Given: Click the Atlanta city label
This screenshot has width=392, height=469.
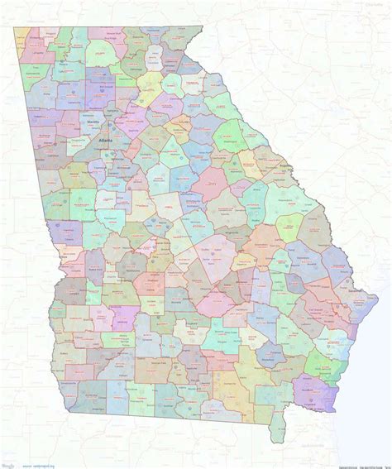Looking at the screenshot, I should [105, 141].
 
